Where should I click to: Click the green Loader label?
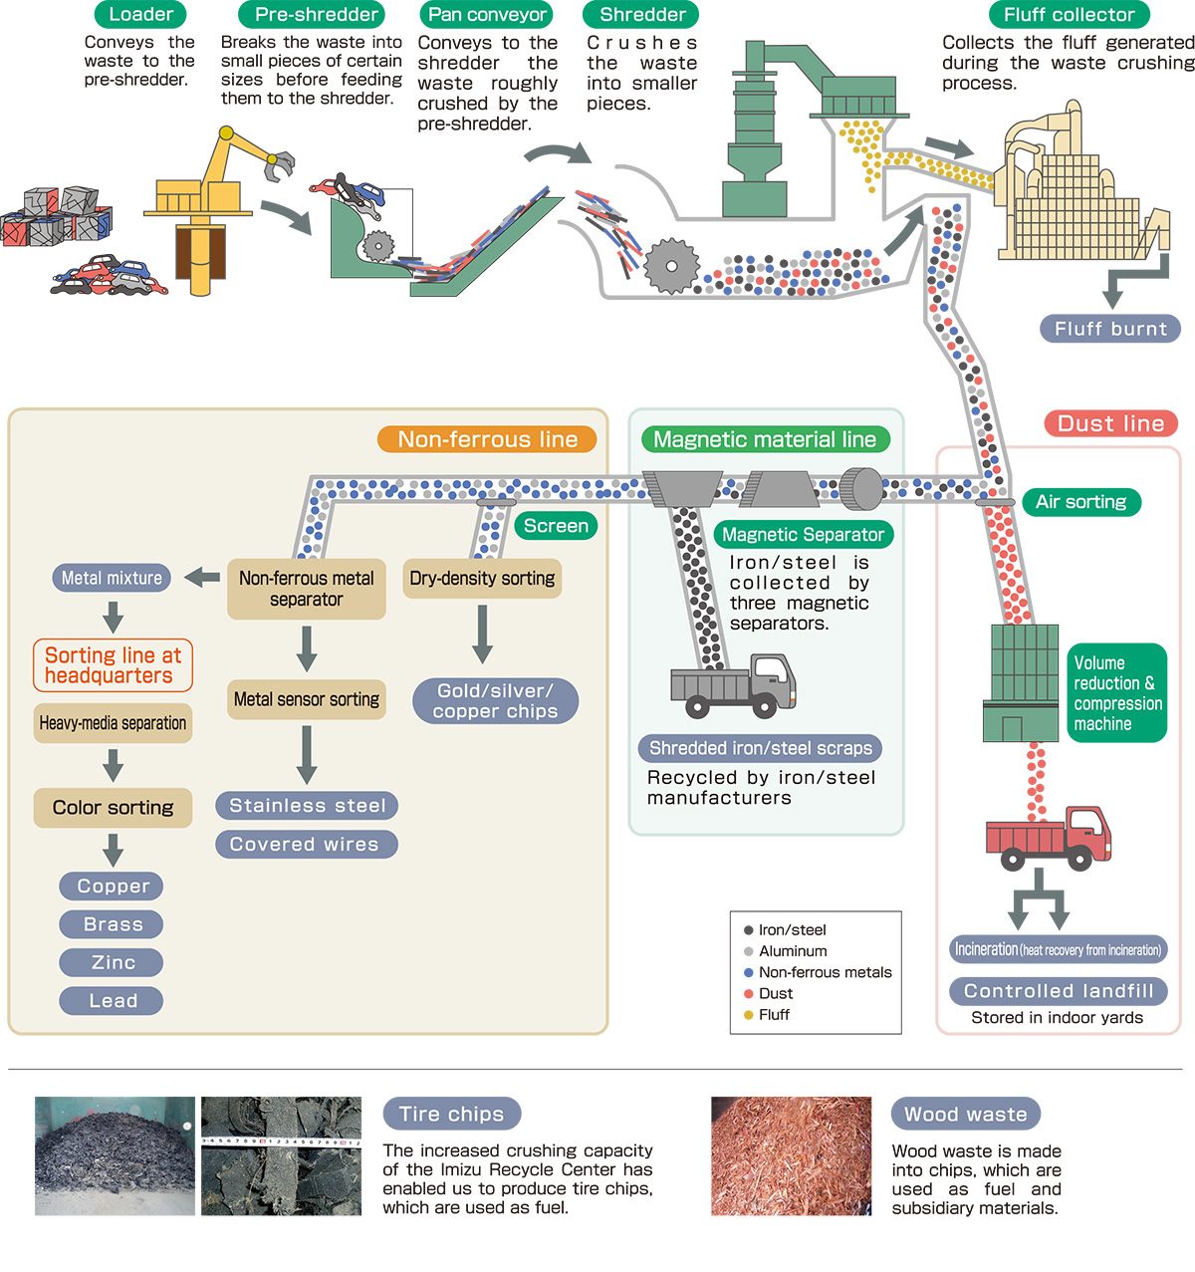click(140, 14)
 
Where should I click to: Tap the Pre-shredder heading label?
click(316, 14)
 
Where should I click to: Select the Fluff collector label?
click(1069, 14)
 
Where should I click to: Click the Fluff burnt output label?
click(1110, 329)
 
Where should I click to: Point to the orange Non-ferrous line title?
click(487, 439)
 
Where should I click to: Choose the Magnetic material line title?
click(765, 439)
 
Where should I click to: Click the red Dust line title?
click(1110, 423)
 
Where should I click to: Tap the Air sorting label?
click(1080, 502)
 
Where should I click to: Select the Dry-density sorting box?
click(482, 579)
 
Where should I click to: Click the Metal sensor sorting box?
click(307, 699)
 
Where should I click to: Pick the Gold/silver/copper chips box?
click(495, 701)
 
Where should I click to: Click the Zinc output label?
click(113, 962)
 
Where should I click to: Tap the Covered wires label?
click(305, 845)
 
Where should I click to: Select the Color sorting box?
click(113, 808)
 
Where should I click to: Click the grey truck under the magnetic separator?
click(733, 685)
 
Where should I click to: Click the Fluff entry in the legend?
click(773, 1014)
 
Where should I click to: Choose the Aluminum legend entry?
click(792, 951)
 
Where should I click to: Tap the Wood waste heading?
click(965, 1114)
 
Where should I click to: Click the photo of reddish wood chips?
click(791, 1156)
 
